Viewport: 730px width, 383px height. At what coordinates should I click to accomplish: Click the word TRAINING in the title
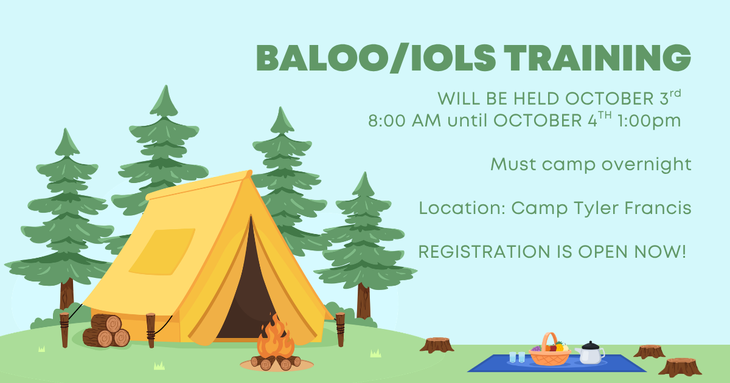(x=597, y=58)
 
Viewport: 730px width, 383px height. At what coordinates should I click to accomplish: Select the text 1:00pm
(x=649, y=120)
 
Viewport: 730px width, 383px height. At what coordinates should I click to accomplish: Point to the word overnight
(x=646, y=165)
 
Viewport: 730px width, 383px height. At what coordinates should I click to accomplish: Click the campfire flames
(x=276, y=337)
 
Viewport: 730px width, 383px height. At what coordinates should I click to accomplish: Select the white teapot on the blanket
(x=590, y=353)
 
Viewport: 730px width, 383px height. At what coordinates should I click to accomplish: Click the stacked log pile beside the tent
(x=106, y=331)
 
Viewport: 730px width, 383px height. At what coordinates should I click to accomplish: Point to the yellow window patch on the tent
(x=162, y=252)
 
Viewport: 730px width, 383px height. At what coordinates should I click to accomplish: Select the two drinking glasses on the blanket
(x=517, y=357)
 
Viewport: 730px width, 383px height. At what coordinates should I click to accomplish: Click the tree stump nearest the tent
(x=437, y=345)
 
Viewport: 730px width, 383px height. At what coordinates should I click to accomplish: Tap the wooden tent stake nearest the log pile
(x=64, y=330)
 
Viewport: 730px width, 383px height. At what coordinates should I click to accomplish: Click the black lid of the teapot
(x=590, y=345)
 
